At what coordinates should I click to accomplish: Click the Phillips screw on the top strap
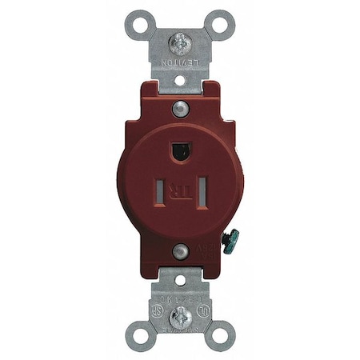pyautogui.click(x=180, y=38)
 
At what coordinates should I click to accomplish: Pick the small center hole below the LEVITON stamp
pyautogui.click(x=180, y=79)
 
